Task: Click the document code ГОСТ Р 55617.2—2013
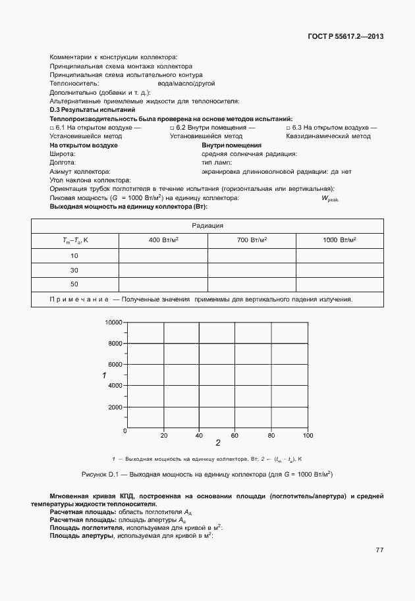point(345,36)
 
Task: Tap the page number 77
point(379,550)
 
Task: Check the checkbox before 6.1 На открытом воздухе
point(52,128)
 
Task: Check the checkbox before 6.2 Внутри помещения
point(172,128)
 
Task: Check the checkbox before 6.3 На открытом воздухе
point(288,128)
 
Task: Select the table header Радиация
point(207,226)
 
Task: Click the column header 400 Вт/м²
point(163,240)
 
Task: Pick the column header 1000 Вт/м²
point(339,240)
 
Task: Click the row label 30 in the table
point(74,270)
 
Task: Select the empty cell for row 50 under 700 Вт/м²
point(252,284)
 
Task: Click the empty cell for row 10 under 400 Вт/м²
point(163,255)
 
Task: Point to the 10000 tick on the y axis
point(114,323)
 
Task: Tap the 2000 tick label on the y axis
point(115,407)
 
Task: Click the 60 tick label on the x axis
point(235,436)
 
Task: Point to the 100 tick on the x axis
point(307,436)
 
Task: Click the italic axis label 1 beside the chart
point(104,375)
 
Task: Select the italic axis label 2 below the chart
point(217,443)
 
